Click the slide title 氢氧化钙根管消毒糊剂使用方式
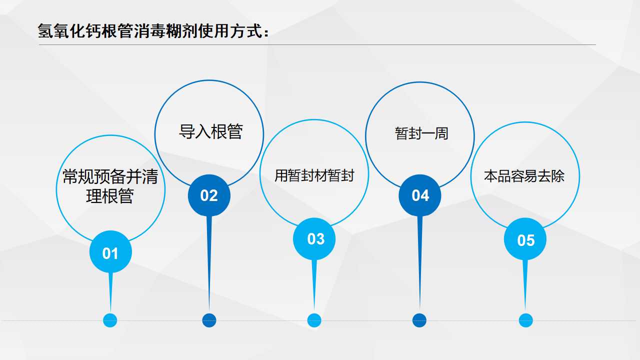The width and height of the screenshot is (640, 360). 150,31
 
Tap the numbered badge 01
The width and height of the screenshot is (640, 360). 110,251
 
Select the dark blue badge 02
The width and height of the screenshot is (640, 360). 209,195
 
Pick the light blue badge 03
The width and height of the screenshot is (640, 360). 314,239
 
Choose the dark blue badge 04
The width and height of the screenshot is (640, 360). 419,195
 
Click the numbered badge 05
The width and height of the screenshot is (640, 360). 525,239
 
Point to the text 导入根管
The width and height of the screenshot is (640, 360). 211,131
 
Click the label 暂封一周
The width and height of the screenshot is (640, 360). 421,133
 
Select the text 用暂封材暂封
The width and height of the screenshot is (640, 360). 314,175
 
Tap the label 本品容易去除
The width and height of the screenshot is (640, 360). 524,176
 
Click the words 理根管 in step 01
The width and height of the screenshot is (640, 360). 110,196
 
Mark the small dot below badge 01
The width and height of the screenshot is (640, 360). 110,320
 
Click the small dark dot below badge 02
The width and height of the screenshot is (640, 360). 209,320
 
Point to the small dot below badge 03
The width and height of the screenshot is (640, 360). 314,320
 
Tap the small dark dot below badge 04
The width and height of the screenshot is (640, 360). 419,320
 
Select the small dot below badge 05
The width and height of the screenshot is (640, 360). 525,320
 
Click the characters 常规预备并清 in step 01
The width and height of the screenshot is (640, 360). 110,176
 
